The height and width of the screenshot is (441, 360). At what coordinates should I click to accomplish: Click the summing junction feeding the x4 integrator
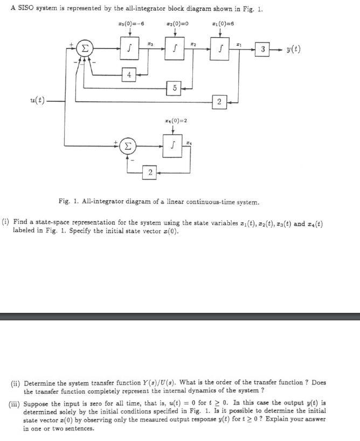127,146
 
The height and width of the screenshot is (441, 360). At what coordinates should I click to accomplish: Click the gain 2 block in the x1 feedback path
219,101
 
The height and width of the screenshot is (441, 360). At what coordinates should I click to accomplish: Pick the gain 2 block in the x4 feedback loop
150,172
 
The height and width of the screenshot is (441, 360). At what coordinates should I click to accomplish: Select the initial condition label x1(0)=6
221,24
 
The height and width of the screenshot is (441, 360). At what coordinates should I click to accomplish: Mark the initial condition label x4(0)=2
173,120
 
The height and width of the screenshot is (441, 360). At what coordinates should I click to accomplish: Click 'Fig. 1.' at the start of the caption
66,202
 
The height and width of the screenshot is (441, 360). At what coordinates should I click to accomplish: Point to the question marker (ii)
17,382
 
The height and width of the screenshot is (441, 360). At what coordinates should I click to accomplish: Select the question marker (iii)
16,403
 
